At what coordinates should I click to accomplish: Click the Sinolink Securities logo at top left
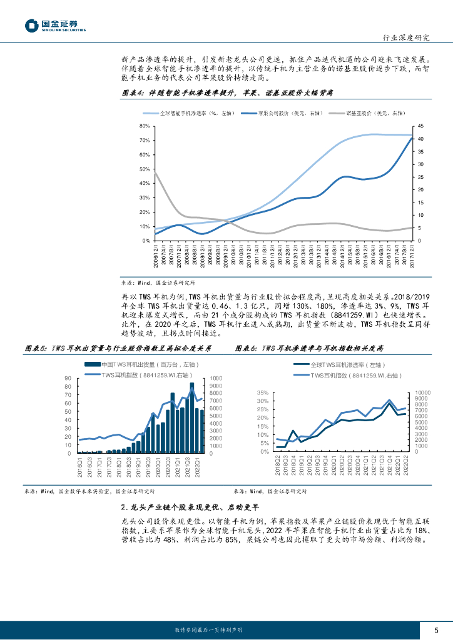(x=55, y=26)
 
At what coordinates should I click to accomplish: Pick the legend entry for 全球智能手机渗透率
(x=187, y=113)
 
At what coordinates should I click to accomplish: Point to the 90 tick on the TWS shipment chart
(x=68, y=379)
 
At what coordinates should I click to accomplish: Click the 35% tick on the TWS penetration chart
(x=263, y=392)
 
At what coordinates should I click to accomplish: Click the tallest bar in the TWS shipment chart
(x=191, y=417)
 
